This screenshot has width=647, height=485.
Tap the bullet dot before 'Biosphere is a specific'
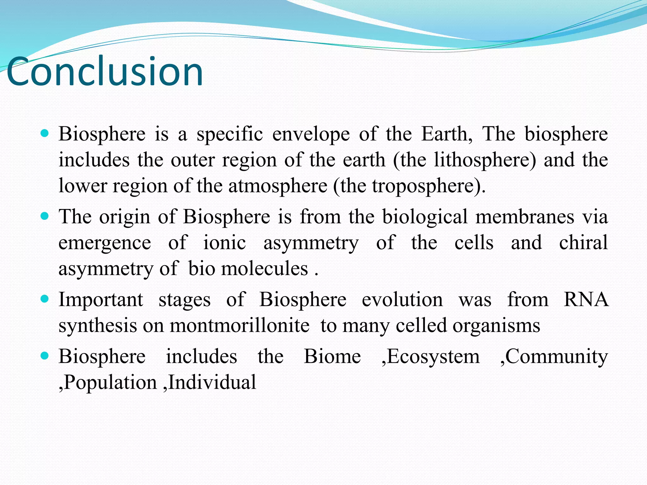tap(45, 133)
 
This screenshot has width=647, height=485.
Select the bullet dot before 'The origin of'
tap(45, 216)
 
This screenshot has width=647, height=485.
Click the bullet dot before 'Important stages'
tap(45, 299)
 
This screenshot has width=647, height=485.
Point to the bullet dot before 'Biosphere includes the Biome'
tap(45, 356)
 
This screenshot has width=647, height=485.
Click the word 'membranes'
tap(525, 217)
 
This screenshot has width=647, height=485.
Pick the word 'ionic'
tap(224, 243)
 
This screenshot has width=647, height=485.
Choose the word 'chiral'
tap(583, 243)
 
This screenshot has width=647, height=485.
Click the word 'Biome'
tap(332, 356)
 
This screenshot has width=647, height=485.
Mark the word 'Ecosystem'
tap(433, 357)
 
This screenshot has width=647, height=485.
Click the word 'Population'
tap(110, 383)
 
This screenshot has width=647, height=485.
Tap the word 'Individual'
tap(212, 382)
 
